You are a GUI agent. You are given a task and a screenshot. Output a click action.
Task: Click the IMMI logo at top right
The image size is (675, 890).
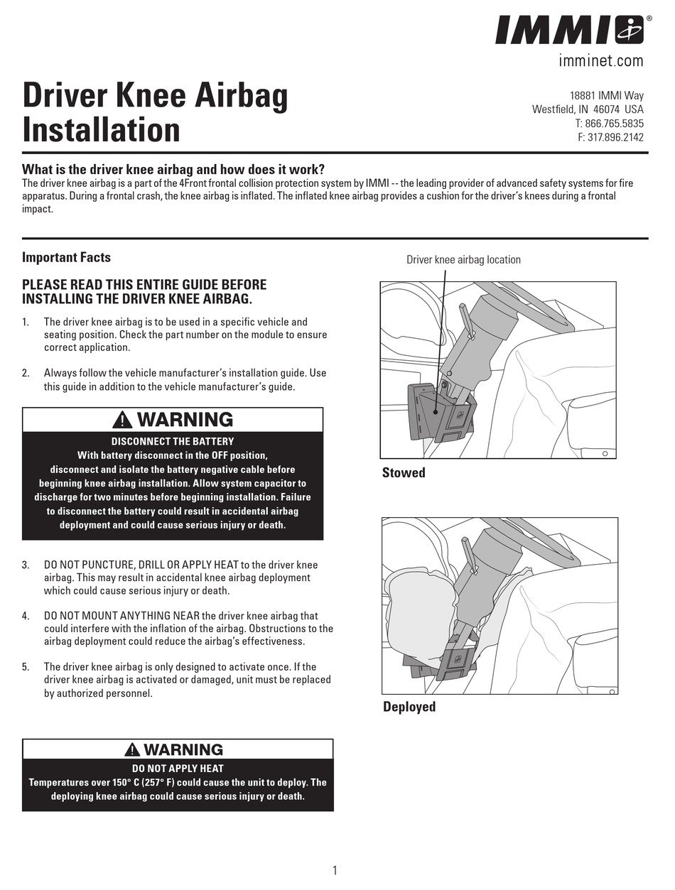pos(569,31)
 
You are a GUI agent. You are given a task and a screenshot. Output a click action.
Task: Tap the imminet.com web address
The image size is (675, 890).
pos(600,61)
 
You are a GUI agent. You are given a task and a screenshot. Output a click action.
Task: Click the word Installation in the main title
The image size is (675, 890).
pos(102,130)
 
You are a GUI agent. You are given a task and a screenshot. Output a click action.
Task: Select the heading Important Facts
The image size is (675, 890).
pos(66,257)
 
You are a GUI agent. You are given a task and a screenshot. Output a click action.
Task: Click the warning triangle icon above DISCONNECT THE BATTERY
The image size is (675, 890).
pos(123,420)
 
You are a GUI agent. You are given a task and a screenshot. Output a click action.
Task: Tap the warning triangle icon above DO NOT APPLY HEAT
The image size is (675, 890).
pos(131,750)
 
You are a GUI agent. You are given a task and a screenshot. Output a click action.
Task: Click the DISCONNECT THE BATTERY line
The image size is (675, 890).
pos(173,441)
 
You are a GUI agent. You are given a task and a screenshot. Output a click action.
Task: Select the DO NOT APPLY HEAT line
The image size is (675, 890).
pos(178,768)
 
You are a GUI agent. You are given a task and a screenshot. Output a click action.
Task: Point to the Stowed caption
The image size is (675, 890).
pos(404,473)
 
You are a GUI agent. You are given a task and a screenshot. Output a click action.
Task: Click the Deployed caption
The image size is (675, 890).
pos(409,707)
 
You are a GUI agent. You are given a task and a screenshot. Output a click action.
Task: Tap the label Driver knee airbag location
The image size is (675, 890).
pos(463,260)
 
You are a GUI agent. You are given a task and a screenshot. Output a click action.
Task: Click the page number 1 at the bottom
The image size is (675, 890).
pos(335,871)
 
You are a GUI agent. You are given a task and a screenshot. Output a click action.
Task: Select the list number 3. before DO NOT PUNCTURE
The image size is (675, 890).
pos(26,565)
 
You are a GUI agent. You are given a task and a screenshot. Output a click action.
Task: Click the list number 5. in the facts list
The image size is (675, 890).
pos(26,667)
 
